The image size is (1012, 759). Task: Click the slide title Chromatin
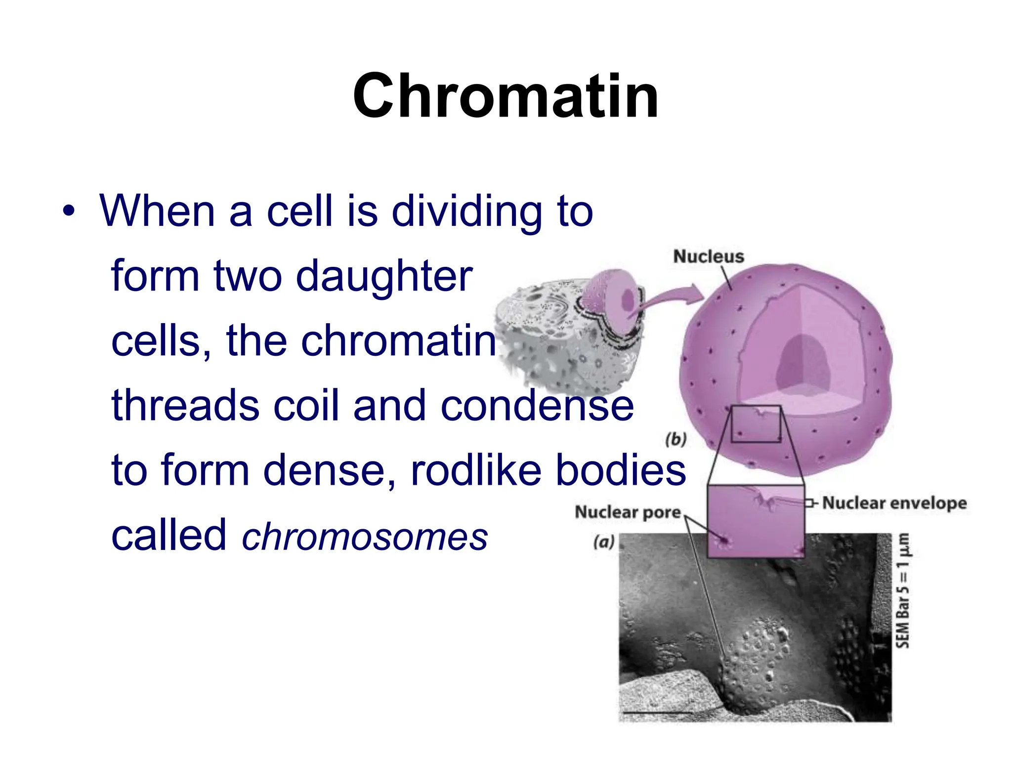pos(506,96)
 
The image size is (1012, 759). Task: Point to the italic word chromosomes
pos(365,537)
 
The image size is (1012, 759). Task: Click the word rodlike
pos(476,470)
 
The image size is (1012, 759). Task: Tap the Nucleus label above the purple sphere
pos(708,256)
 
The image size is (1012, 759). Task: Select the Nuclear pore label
pos(628,512)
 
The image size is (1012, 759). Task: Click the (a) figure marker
pos(604,542)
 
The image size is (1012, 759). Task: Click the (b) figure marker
pos(675,439)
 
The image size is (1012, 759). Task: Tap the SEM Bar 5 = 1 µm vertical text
pos(902,590)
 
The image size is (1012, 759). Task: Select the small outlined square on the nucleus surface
pos(756,424)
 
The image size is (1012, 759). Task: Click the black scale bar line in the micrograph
pos(657,713)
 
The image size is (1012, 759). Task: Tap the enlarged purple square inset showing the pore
pos(756,521)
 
